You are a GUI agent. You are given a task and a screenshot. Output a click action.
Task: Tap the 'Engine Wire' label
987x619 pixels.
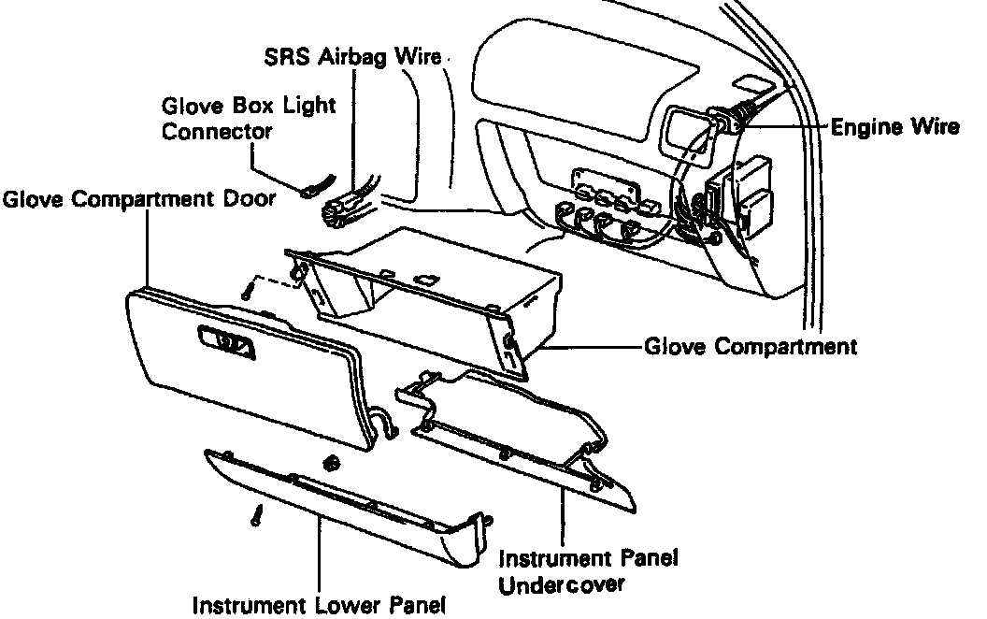[895, 127]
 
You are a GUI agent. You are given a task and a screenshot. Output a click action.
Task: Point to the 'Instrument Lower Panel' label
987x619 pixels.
[319, 605]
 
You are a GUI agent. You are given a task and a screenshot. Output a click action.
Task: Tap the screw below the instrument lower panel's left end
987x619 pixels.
[254, 514]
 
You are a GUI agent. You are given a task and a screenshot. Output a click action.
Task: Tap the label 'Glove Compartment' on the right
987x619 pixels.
[750, 347]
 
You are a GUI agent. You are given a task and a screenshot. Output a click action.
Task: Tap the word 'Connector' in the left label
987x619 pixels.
[217, 131]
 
